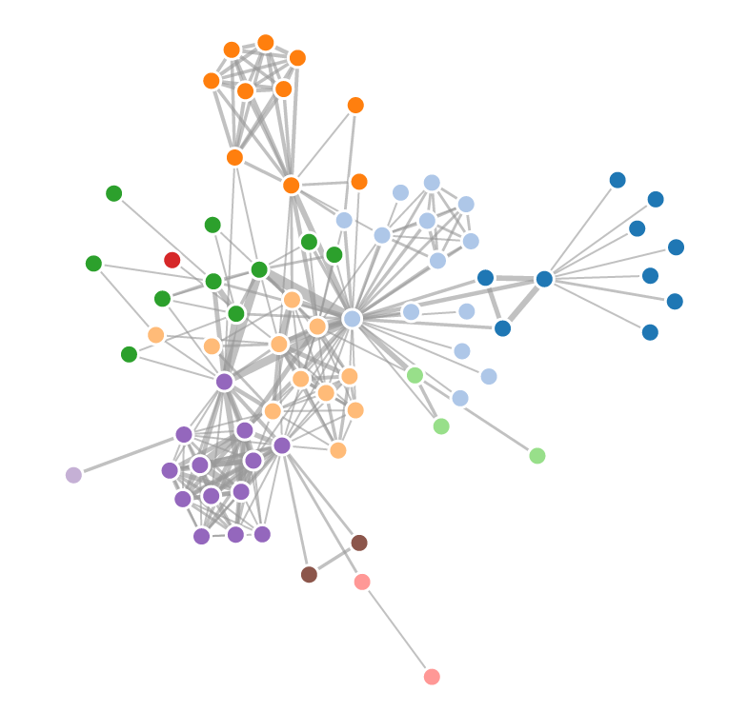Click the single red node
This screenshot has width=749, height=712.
(x=172, y=260)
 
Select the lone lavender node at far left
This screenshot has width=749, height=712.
(x=73, y=475)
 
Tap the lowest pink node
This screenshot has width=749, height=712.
(x=432, y=677)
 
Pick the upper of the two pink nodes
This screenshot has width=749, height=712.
(x=362, y=582)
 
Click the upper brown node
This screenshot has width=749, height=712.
(x=359, y=543)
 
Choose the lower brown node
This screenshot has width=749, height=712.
(x=309, y=574)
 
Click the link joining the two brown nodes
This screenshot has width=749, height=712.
(x=334, y=559)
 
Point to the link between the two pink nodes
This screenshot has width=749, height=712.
(x=396, y=629)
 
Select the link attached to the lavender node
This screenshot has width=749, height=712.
(x=129, y=455)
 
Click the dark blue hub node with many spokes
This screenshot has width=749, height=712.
(x=544, y=279)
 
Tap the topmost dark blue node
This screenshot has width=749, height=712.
(x=617, y=180)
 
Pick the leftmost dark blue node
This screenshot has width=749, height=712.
(x=485, y=278)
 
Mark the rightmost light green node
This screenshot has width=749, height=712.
(x=537, y=456)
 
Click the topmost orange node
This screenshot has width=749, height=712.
(x=266, y=43)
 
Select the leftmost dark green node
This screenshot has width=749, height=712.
(x=93, y=264)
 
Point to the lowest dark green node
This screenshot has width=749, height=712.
(x=130, y=354)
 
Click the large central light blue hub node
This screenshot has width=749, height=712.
(x=353, y=319)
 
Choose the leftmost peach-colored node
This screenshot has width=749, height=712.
(x=156, y=335)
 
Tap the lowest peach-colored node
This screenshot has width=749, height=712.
(x=338, y=450)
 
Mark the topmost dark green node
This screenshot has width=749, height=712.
(x=114, y=193)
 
